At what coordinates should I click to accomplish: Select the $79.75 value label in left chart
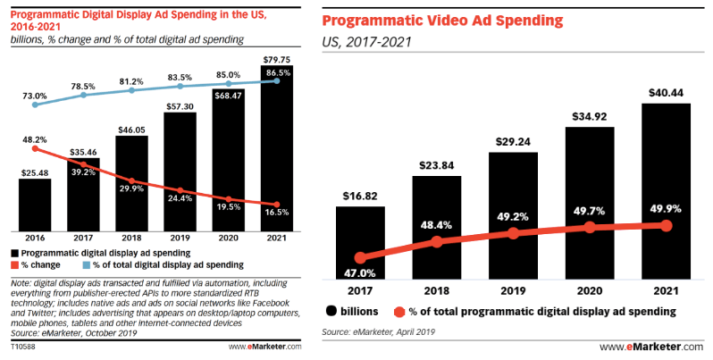click(x=279, y=59)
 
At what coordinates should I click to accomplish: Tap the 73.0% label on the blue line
click(x=35, y=95)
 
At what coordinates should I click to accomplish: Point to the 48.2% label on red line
click(x=35, y=139)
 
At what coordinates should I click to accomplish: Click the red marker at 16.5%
click(x=278, y=205)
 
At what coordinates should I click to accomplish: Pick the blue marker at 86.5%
click(x=278, y=81)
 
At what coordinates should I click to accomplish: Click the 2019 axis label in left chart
click(x=180, y=239)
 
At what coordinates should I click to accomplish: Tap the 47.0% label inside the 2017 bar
click(x=359, y=272)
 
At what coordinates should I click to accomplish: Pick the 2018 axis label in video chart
click(x=437, y=290)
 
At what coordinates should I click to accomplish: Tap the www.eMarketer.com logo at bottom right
click(x=651, y=347)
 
